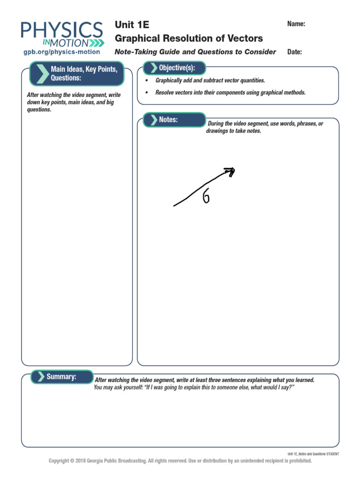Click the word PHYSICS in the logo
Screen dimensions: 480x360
coord(62,31)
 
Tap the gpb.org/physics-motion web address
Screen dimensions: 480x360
coord(61,52)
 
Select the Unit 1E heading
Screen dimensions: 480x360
coord(132,25)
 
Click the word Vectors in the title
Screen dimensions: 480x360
coord(246,38)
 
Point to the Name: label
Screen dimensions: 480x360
coord(296,24)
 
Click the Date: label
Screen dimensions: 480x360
coord(295,52)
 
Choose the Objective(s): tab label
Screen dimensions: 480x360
coord(177,68)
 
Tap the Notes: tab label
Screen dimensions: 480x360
coord(168,120)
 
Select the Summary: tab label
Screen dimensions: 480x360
coord(61,376)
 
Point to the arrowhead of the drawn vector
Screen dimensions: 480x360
coord(230,171)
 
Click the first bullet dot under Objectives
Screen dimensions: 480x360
coord(146,81)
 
